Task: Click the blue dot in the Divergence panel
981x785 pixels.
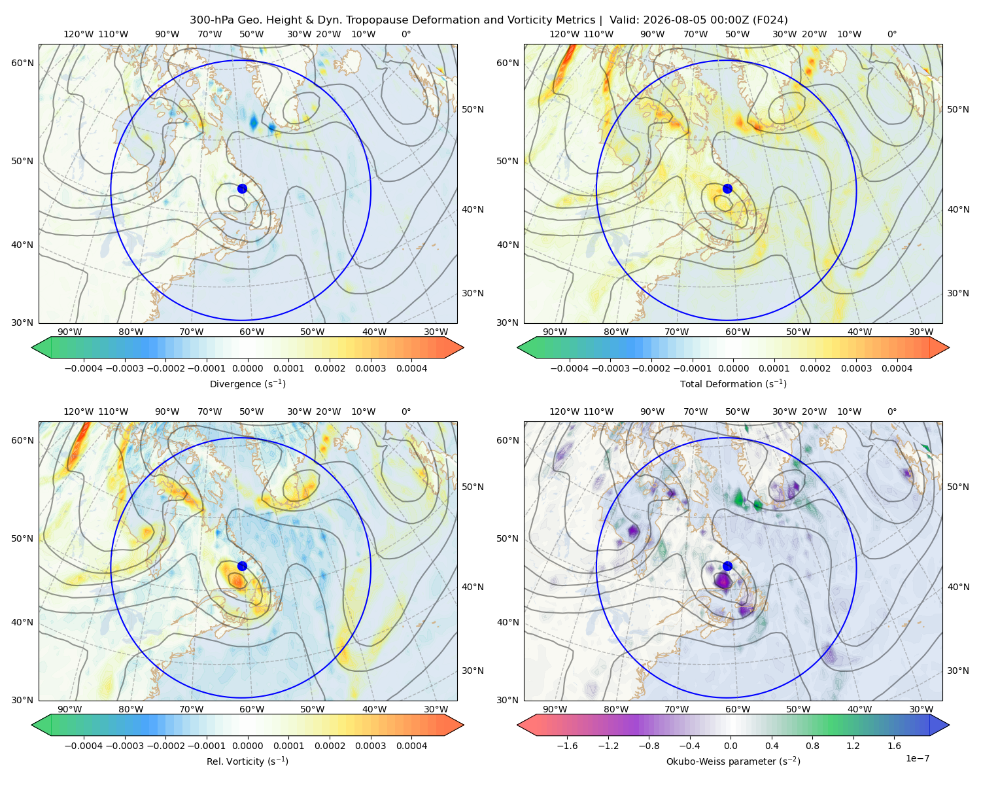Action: pyautogui.click(x=242, y=188)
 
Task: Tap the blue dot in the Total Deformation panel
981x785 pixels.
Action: pyautogui.click(x=727, y=188)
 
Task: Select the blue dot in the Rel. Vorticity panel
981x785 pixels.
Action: pyautogui.click(x=242, y=566)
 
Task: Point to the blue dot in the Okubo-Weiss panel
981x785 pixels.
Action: pyautogui.click(x=727, y=566)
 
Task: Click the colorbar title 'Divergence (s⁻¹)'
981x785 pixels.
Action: pyautogui.click(x=247, y=383)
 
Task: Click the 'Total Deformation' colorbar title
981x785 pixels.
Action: pyautogui.click(x=733, y=383)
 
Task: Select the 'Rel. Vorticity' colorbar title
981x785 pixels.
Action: pyautogui.click(x=247, y=761)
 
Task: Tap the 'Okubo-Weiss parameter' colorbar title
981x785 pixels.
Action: pyautogui.click(x=733, y=761)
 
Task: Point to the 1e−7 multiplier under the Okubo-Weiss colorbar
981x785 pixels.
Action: pyautogui.click(x=917, y=758)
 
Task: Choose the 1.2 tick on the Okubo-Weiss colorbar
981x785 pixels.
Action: pyautogui.click(x=853, y=746)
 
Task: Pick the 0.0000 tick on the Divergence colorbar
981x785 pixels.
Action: pyautogui.click(x=247, y=368)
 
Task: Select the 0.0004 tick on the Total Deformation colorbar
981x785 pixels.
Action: pyautogui.click(x=897, y=368)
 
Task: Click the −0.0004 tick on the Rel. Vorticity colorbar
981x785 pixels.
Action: pyautogui.click(x=84, y=746)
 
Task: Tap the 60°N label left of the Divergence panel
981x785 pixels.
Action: pyautogui.click(x=22, y=63)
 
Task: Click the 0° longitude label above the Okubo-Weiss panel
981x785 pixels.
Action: pyautogui.click(x=891, y=411)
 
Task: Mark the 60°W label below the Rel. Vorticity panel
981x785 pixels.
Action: pyautogui.click(x=252, y=709)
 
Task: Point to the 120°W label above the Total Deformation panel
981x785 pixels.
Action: pyautogui.click(x=564, y=34)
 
